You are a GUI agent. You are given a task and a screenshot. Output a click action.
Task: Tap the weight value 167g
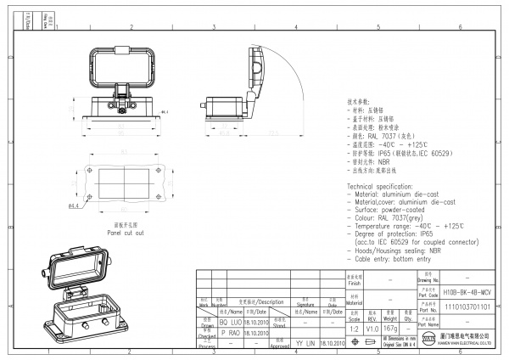click(x=391, y=328)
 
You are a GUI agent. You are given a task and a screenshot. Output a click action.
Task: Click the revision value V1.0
click(x=373, y=328)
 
